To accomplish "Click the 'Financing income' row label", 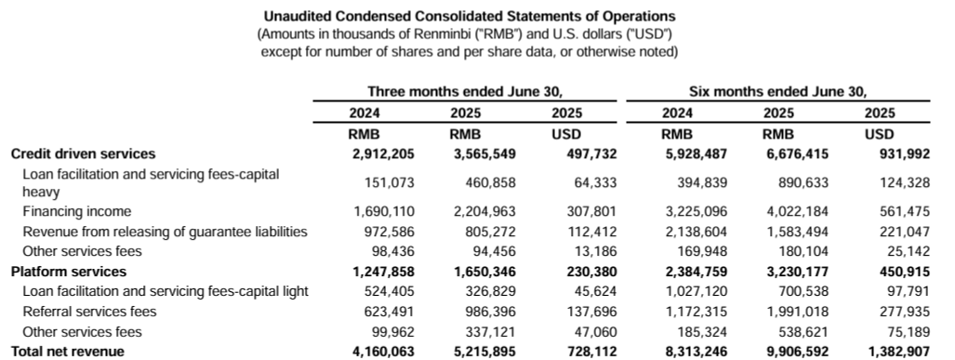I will [77, 211].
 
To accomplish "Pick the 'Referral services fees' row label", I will [89, 311].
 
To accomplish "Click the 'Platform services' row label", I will [68, 272].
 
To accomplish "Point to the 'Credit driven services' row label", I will [83, 153].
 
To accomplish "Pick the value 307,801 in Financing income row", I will [588, 211].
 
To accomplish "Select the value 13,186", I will [591, 251].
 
